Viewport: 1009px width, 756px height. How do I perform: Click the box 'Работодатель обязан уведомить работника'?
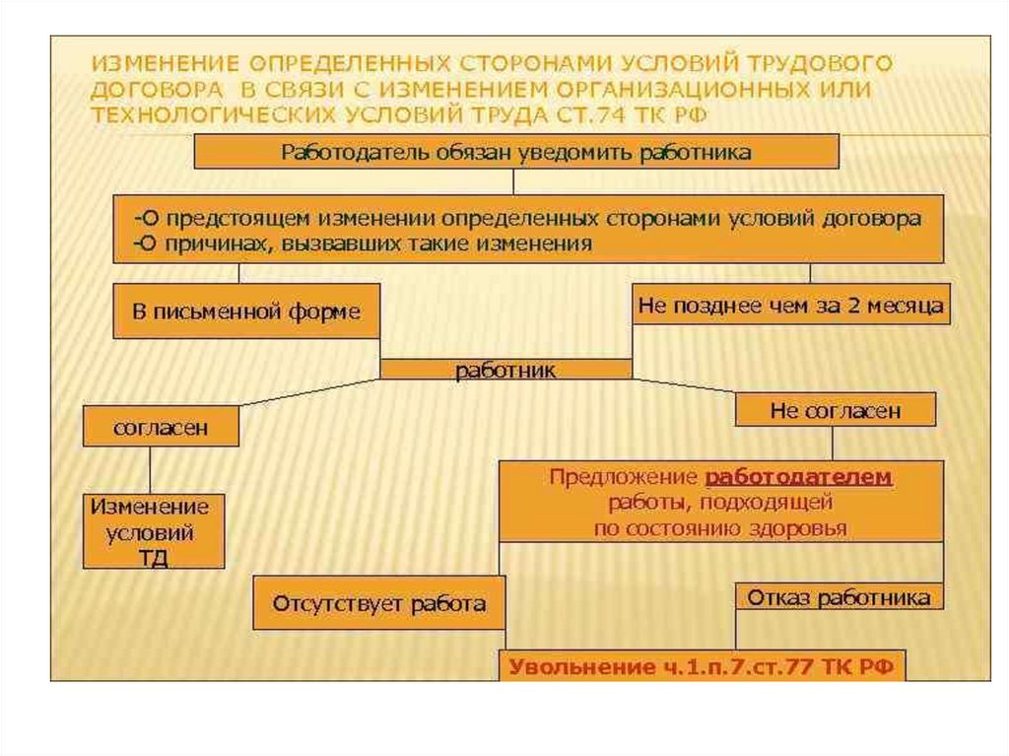[515, 152]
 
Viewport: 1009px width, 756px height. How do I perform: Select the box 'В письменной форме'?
[246, 312]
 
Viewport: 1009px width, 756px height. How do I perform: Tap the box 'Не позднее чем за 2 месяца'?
[790, 306]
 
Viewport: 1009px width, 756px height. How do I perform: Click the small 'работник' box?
[505, 370]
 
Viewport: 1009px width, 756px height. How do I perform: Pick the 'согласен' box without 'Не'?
[161, 428]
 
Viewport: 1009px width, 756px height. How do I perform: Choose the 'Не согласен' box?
[835, 410]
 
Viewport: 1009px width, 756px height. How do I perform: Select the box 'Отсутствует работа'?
[379, 603]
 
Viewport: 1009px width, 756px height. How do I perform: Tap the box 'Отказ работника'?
[839, 597]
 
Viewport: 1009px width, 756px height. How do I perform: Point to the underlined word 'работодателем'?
[798, 477]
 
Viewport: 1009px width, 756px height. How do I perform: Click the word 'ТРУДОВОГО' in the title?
[830, 64]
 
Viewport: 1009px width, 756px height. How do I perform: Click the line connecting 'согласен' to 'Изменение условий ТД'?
[151, 470]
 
